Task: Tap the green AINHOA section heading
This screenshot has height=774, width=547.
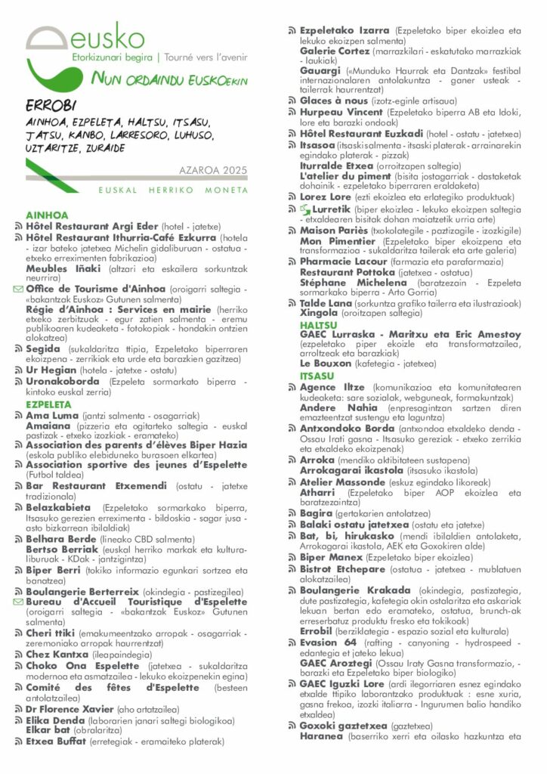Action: [47, 215]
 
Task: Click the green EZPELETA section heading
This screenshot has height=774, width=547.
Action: [49, 404]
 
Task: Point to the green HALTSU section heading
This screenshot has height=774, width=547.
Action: [319, 324]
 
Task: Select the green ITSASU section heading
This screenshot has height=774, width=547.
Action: [317, 376]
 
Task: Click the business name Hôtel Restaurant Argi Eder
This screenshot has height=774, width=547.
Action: [92, 226]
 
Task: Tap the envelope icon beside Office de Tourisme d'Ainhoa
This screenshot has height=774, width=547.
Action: [19, 289]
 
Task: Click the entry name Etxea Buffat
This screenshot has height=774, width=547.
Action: [56, 741]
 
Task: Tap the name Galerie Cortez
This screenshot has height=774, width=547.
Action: [335, 51]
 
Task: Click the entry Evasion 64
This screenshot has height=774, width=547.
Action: [328, 642]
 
